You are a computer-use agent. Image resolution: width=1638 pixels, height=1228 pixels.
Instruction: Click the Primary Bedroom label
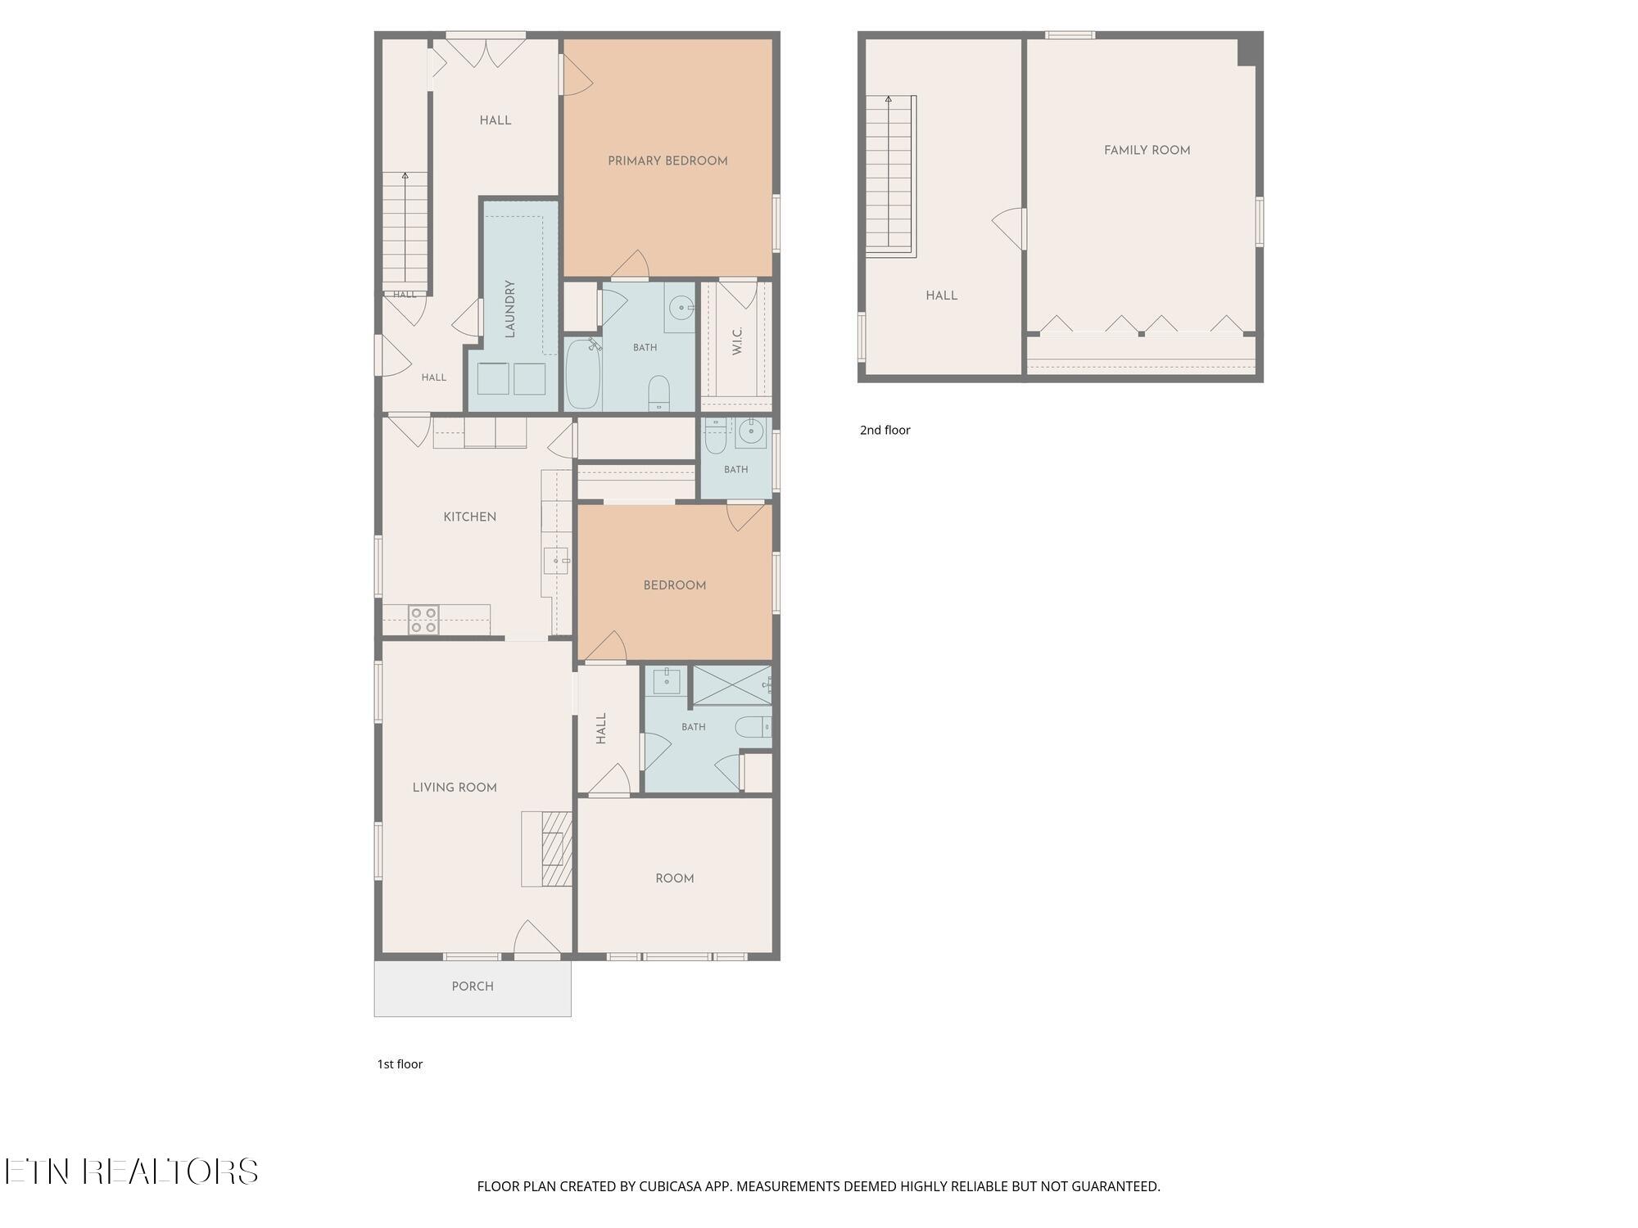(x=667, y=161)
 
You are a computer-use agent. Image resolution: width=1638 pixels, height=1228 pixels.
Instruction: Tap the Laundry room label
(x=509, y=309)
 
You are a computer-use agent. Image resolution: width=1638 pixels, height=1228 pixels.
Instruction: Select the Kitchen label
(x=470, y=517)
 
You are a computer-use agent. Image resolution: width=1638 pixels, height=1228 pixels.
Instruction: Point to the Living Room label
(x=455, y=788)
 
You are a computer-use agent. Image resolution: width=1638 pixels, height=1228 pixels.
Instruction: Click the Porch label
(x=473, y=986)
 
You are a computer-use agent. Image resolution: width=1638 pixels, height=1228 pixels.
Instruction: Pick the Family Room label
(x=1147, y=151)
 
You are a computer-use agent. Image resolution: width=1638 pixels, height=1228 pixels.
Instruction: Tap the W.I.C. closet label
(x=737, y=341)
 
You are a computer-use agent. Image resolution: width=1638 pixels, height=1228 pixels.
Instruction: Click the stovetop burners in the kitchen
(x=423, y=620)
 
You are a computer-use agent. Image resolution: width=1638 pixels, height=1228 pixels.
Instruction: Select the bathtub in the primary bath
(x=583, y=373)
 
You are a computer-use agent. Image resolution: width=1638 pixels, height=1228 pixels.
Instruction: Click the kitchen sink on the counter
(x=555, y=561)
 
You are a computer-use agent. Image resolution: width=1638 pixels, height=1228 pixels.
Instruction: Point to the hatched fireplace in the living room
(x=557, y=848)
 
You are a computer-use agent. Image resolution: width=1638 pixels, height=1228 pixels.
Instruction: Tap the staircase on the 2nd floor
(x=891, y=175)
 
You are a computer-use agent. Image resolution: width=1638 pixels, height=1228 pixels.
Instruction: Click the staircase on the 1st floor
(x=405, y=230)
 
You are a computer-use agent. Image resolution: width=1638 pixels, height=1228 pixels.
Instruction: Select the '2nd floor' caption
(x=885, y=430)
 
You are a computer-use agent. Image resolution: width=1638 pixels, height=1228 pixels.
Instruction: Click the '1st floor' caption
(x=400, y=1064)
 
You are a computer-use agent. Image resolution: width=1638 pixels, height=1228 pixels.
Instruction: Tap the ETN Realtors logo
(x=131, y=1172)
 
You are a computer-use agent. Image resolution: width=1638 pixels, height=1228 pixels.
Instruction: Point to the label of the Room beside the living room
(x=675, y=878)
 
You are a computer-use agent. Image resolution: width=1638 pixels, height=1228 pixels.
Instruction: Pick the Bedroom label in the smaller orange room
(x=675, y=585)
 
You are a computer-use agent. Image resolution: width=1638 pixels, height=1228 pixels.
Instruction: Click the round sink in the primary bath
(x=681, y=308)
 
